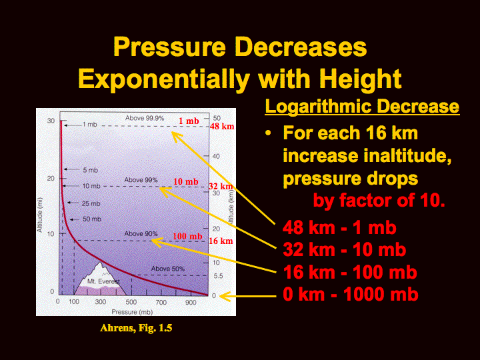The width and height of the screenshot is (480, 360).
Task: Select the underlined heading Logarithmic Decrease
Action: (x=362, y=106)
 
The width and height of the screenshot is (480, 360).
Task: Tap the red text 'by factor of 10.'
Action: (x=379, y=201)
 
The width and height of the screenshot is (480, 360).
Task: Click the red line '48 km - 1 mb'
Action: (x=339, y=228)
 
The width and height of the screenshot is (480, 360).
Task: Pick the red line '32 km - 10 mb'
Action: (x=345, y=249)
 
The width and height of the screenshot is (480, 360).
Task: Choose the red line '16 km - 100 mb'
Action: (x=350, y=272)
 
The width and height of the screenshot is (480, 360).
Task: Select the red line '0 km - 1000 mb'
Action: (x=351, y=294)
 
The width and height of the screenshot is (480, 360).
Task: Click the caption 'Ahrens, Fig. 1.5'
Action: (x=136, y=328)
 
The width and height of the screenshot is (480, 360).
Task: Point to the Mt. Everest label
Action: (x=103, y=281)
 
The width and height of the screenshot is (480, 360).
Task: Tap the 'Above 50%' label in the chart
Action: (x=168, y=269)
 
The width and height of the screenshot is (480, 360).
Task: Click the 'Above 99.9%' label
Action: (x=145, y=118)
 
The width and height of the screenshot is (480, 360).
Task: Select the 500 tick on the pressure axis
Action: (x=131, y=302)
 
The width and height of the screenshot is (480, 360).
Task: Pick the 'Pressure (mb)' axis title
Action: (x=132, y=312)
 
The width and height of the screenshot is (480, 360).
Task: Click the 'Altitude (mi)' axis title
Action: (x=40, y=215)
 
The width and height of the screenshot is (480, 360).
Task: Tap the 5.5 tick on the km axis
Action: (x=218, y=276)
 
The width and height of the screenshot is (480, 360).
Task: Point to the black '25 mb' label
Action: (x=91, y=203)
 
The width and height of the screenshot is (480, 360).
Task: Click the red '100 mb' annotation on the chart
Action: (x=187, y=236)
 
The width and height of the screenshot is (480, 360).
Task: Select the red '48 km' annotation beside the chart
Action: (x=222, y=126)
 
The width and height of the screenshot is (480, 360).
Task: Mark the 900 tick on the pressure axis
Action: (x=191, y=302)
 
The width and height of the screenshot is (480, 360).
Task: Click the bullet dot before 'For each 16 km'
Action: (x=268, y=133)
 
